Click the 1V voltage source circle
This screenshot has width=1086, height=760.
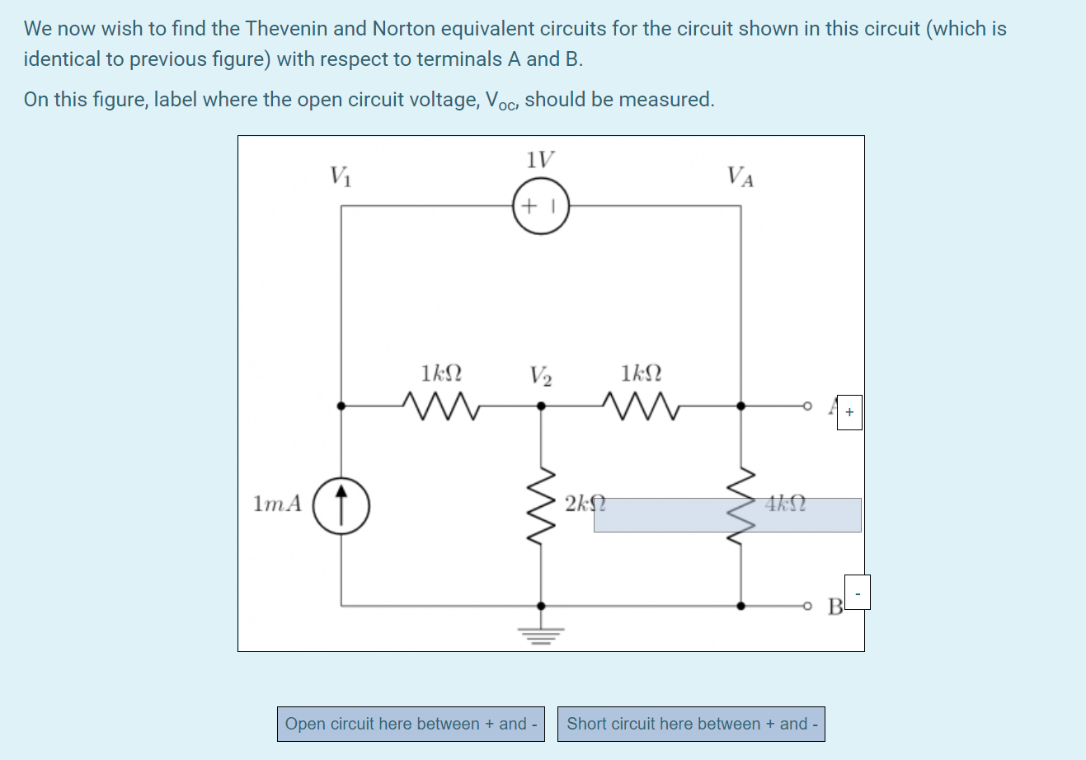pos(541,206)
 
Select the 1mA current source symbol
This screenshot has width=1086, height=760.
pos(341,504)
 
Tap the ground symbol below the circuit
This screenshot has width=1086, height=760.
pos(541,634)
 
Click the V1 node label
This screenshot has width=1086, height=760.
pos(341,176)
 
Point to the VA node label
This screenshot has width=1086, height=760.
pos(740,176)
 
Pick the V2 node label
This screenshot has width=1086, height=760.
pos(541,376)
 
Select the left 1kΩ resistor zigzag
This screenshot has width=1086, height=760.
pos(440,406)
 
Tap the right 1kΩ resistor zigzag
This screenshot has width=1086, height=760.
pos(640,406)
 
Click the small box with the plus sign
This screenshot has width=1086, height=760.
pos(849,412)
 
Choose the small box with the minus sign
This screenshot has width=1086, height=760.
pos(857,593)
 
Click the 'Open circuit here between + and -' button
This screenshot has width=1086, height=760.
pos(411,724)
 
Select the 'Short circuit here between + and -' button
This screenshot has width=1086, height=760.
pos(691,724)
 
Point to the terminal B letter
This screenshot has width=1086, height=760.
pos(834,608)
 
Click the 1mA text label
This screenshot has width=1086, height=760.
pos(278,504)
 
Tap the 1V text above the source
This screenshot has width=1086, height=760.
pos(540,159)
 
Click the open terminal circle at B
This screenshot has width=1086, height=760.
pos(808,606)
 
